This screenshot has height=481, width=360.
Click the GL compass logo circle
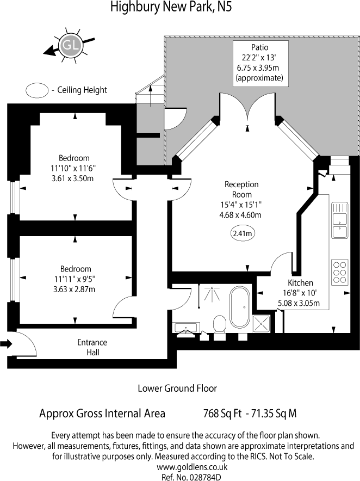pyautogui.click(x=71, y=46)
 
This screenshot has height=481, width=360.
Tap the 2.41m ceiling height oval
pyautogui.click(x=242, y=233)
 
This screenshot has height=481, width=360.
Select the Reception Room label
pyautogui.click(x=241, y=189)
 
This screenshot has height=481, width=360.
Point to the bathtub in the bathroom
pyautogui.click(x=240, y=307)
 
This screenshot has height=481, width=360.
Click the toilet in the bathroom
pyautogui.click(x=220, y=324)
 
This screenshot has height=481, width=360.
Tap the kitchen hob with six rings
pyautogui.click(x=339, y=272)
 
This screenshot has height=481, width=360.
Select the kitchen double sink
pyautogui.click(x=339, y=220)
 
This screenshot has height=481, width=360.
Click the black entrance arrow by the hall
pyautogui.click(x=6, y=344)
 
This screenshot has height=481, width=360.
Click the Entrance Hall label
pyautogui.click(x=92, y=347)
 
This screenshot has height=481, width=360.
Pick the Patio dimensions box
pyautogui.click(x=260, y=64)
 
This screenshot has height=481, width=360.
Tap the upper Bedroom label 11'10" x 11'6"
pyautogui.click(x=74, y=168)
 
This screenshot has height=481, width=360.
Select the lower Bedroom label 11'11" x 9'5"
pyautogui.click(x=76, y=279)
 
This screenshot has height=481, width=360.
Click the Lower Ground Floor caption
pyautogui.click(x=177, y=388)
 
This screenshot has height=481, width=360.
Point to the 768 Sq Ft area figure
pyautogui.click(x=222, y=414)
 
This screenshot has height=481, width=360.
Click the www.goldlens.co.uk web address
pyautogui.click(x=193, y=467)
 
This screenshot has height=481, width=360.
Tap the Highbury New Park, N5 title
pyautogui.click(x=171, y=7)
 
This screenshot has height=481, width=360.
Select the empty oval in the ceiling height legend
pyautogui.click(x=37, y=90)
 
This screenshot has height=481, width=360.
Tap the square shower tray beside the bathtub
pyautogui.click(x=261, y=324)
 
